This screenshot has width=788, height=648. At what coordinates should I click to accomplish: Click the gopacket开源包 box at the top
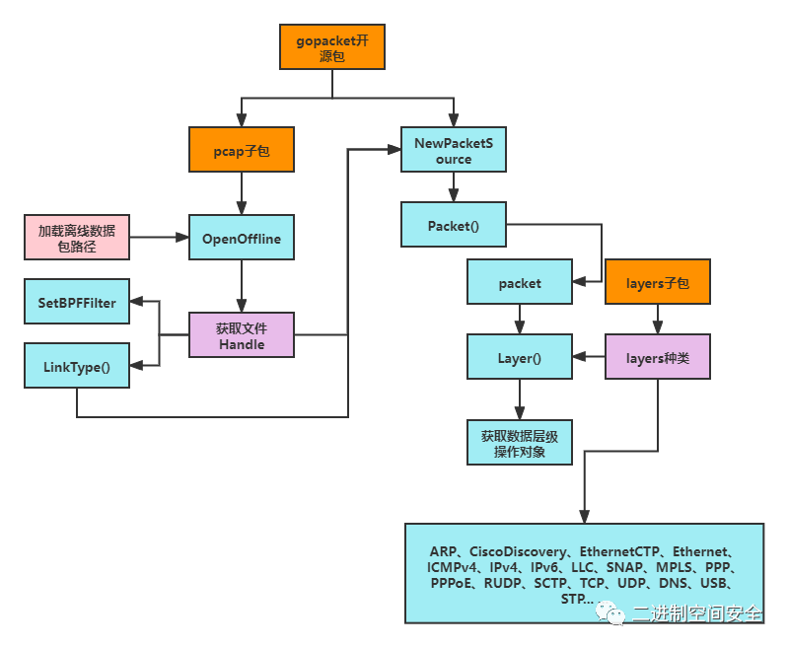click(x=332, y=46)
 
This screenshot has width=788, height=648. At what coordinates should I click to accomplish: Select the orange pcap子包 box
click(x=242, y=149)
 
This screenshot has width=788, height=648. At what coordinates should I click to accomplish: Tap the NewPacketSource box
click(x=454, y=149)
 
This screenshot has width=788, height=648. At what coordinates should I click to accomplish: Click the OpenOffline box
click(x=242, y=238)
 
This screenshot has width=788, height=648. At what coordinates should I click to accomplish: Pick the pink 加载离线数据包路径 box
click(x=77, y=238)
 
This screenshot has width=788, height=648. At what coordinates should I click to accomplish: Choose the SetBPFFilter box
click(x=77, y=301)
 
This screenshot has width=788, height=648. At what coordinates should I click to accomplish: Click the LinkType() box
click(x=77, y=366)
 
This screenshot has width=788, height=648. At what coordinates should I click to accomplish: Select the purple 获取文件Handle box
click(x=242, y=334)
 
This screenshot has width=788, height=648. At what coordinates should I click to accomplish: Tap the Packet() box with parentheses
click(x=454, y=224)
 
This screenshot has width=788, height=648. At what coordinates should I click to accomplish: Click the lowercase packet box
click(x=520, y=281)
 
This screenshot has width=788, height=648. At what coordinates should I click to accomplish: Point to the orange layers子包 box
click(x=658, y=281)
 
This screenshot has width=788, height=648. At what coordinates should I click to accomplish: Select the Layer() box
click(x=520, y=356)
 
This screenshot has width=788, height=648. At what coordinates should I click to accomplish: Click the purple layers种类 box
click(x=658, y=356)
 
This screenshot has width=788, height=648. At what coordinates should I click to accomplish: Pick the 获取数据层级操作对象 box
click(x=520, y=443)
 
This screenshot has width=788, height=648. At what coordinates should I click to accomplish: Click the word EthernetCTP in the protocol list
click(x=619, y=551)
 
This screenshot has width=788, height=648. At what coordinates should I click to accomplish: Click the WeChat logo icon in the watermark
click(x=609, y=612)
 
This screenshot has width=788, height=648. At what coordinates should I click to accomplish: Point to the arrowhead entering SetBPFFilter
click(x=136, y=301)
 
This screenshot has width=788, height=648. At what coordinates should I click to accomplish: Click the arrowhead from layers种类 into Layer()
click(x=580, y=356)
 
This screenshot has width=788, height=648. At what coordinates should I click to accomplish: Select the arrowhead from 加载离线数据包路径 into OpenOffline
click(x=181, y=238)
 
